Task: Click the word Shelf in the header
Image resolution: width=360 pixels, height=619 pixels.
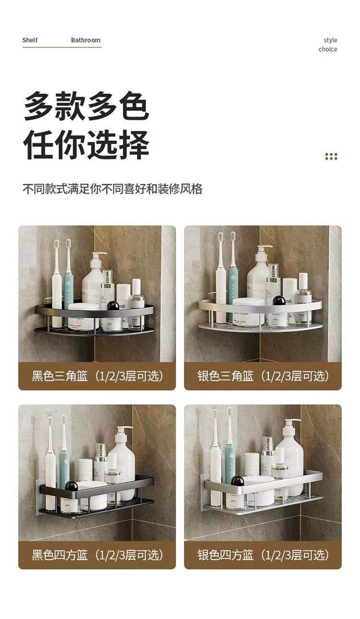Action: point(30,40)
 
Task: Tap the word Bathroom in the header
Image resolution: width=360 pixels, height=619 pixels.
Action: point(85,40)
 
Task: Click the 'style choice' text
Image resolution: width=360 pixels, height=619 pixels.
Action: point(328,45)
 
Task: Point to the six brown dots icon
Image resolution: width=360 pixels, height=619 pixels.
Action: point(331,156)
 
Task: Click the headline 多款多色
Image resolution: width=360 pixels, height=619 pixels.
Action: point(86,107)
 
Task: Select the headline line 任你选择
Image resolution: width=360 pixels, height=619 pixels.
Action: point(86,144)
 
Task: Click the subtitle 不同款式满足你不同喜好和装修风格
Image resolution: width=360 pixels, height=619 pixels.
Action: point(112,189)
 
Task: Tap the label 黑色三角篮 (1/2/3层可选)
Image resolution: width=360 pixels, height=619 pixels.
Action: point(97,376)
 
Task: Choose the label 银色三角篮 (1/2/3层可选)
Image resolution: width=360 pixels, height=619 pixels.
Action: point(263,376)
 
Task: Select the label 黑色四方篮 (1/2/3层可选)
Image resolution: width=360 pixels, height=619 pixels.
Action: point(97,555)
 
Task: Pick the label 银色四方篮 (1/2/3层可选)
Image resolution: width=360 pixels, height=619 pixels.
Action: point(263,555)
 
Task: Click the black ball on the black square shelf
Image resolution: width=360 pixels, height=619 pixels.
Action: point(72,486)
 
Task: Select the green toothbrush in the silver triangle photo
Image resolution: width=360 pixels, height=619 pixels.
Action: point(233,274)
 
